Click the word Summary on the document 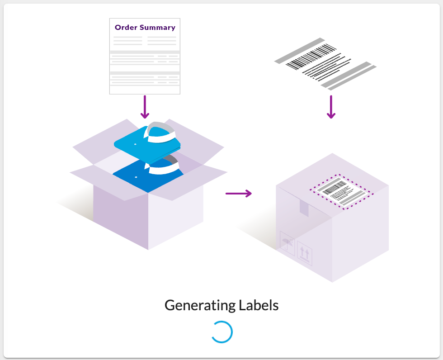(157, 28)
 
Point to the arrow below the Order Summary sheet (145, 107)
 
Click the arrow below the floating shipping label (331, 107)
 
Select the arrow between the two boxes (238, 194)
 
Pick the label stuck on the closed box (341, 191)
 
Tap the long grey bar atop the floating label (299, 50)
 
